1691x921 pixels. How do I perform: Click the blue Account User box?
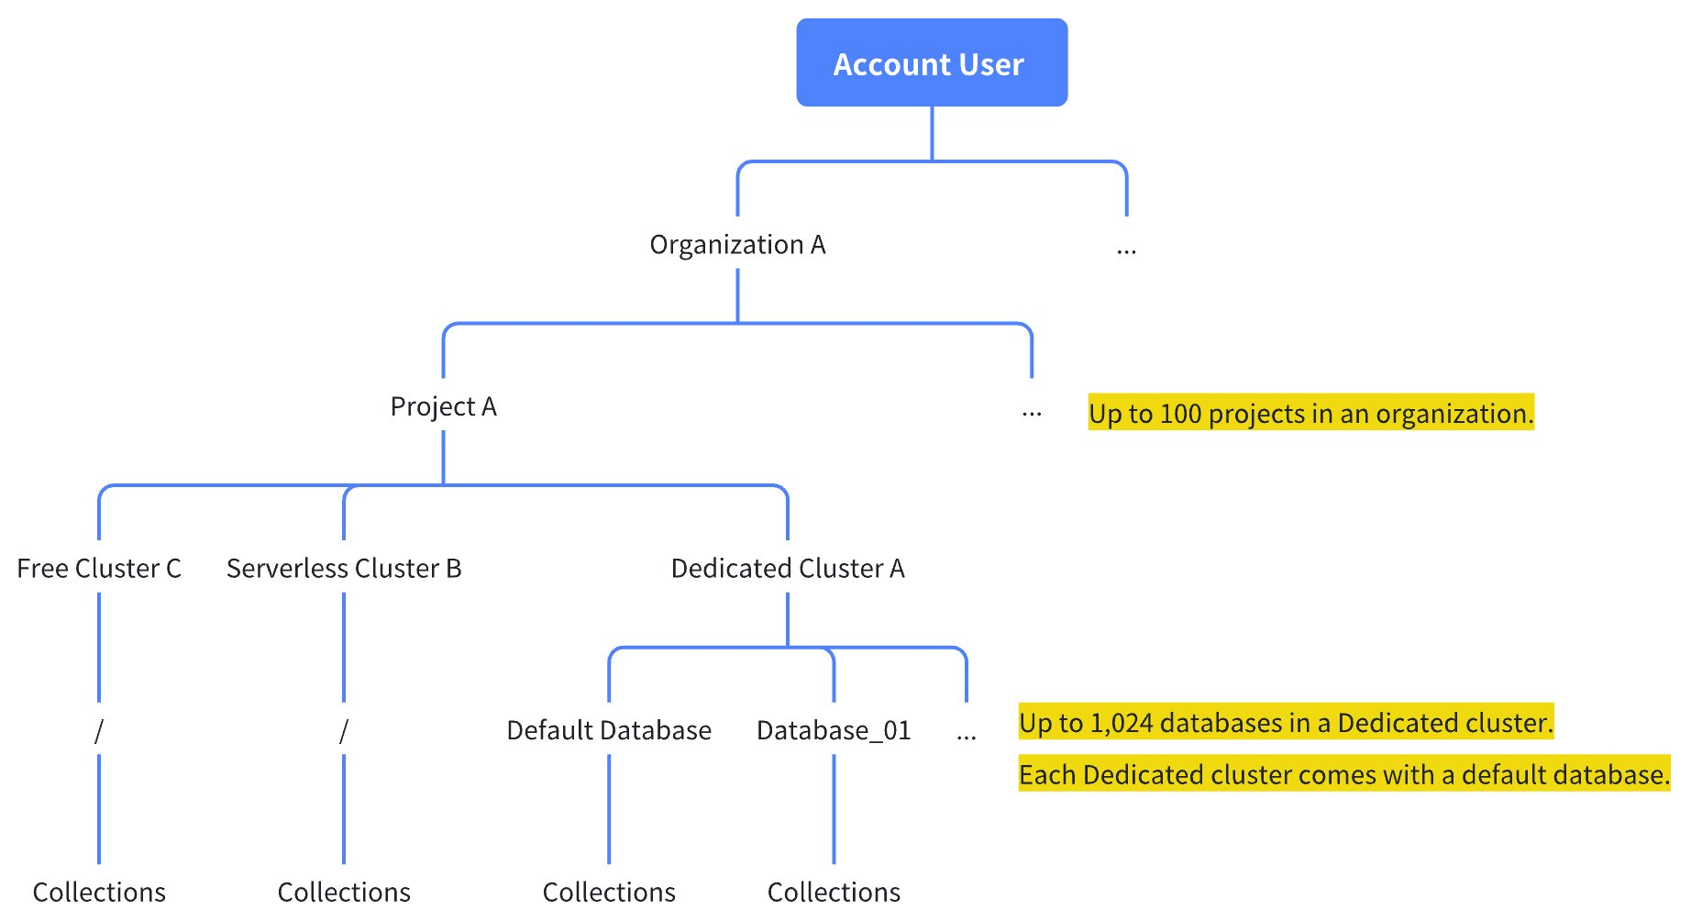(931, 62)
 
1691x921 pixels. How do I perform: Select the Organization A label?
(737, 245)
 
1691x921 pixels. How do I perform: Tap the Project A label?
(443, 406)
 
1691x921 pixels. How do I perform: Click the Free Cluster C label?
(99, 569)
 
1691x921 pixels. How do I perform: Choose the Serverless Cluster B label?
(344, 569)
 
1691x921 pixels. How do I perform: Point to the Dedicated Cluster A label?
(788, 569)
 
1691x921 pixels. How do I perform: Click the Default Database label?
(609, 730)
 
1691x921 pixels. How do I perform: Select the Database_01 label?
(834, 730)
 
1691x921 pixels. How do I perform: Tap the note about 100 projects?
(1310, 414)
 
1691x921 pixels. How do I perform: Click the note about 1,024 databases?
(1286, 723)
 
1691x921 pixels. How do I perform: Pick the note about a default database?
(1343, 775)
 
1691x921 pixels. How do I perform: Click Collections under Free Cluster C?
(99, 892)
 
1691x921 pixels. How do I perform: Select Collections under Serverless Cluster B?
(344, 892)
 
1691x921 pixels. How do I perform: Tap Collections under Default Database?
(609, 892)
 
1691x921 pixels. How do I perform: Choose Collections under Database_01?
(834, 892)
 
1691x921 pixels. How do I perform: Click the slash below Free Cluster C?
(99, 731)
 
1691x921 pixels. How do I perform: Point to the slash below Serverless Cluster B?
(344, 731)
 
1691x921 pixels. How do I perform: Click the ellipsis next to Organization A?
(1126, 250)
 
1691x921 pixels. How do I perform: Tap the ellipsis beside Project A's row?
(1032, 414)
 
